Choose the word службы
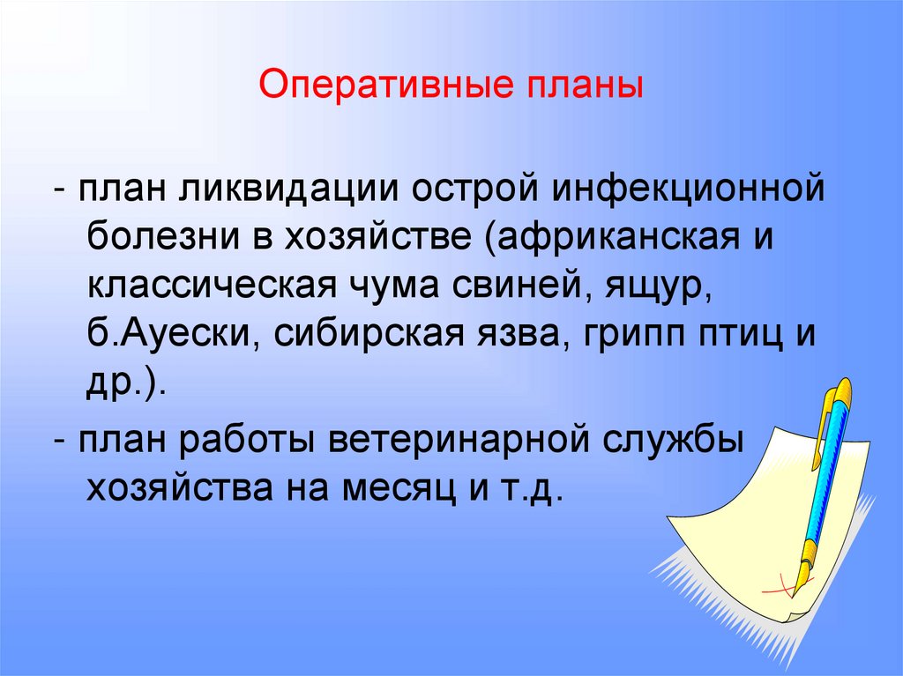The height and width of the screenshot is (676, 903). click(671, 439)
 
